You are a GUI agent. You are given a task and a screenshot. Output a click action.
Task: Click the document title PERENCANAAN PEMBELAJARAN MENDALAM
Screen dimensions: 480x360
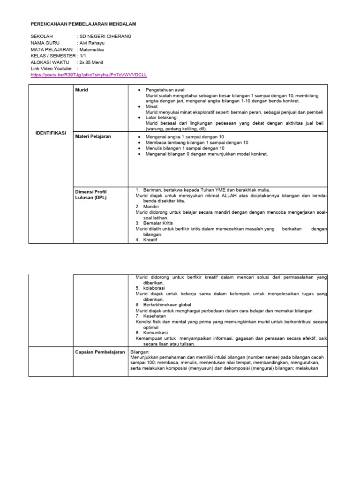[x=83, y=23]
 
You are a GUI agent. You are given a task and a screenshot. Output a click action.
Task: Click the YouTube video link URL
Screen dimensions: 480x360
[x=89, y=75]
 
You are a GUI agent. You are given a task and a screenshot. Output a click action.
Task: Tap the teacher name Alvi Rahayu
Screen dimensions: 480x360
[x=94, y=43]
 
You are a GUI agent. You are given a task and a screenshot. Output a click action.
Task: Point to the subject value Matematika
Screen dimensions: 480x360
[x=92, y=49]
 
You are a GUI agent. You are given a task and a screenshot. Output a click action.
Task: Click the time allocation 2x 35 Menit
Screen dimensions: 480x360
[x=92, y=62]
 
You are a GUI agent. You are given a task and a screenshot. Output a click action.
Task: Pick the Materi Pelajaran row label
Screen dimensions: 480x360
[x=94, y=136]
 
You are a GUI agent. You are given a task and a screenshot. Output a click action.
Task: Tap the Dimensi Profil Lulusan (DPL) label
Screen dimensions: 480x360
[x=92, y=195]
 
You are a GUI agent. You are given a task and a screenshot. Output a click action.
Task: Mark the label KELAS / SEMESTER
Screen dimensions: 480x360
[x=52, y=55]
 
